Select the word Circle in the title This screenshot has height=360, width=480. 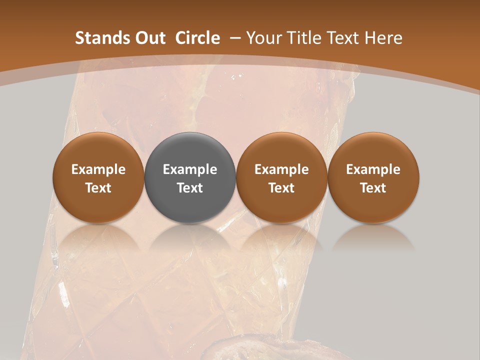tap(197, 38)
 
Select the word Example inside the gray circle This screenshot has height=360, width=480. tap(190, 169)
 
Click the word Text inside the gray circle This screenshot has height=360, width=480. tap(190, 188)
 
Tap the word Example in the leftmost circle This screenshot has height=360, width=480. tap(98, 169)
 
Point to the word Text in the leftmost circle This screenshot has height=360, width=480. tap(98, 188)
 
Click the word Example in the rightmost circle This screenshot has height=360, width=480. tap(373, 169)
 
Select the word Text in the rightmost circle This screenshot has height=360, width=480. tap(373, 188)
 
